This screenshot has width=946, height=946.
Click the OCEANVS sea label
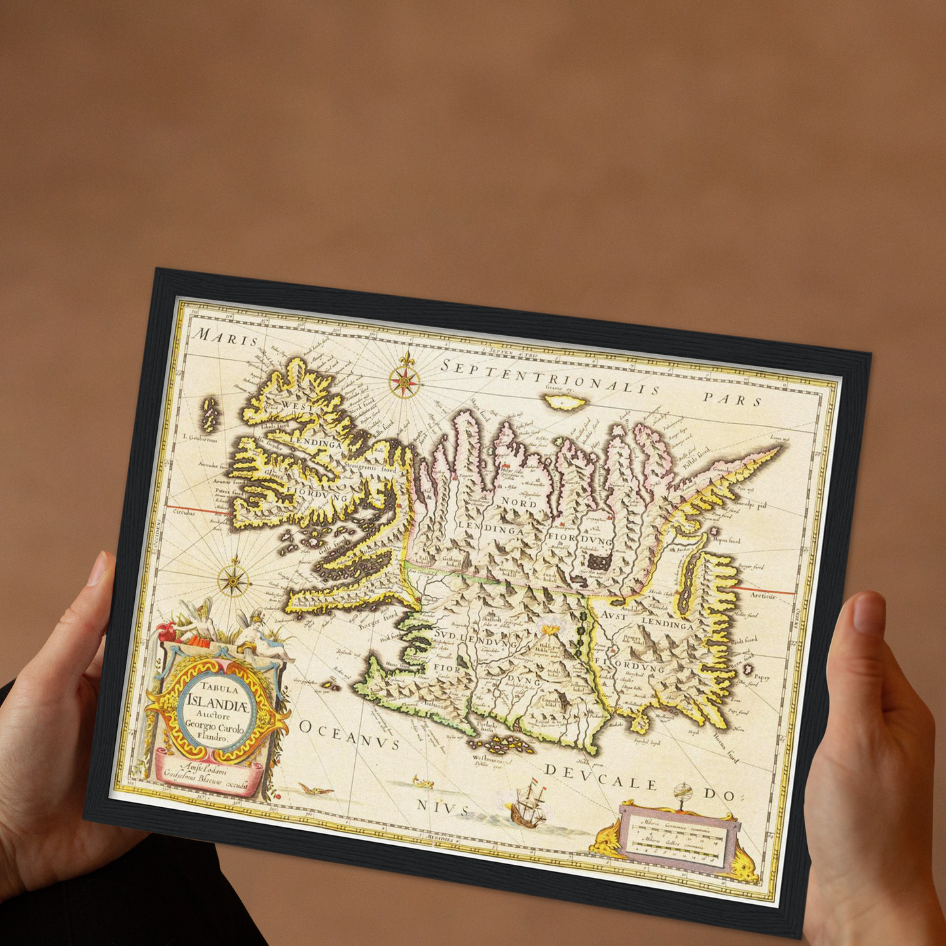(349, 734)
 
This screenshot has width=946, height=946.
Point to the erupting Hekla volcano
(547, 631)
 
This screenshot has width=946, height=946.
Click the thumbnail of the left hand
(97, 569)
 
